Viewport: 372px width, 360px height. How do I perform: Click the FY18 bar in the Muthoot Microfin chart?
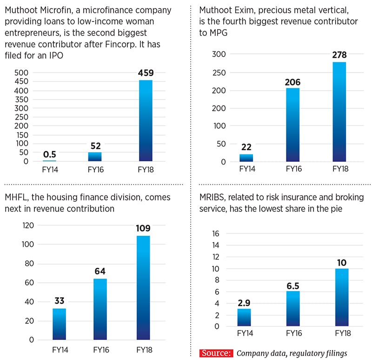(x=145, y=121)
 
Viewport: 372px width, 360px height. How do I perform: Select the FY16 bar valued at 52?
(x=95, y=157)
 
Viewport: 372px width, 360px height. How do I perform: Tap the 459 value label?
(x=145, y=73)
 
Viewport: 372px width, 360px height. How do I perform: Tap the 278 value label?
(x=339, y=55)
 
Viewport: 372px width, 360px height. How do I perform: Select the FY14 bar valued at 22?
(x=246, y=158)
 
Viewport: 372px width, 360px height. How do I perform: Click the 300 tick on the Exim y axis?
(x=219, y=54)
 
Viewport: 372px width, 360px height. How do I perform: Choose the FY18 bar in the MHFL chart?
(x=143, y=288)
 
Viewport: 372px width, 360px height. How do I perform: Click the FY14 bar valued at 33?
(x=60, y=324)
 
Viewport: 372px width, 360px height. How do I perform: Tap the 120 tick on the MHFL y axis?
(x=28, y=226)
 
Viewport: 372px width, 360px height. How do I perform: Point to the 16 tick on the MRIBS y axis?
(x=215, y=233)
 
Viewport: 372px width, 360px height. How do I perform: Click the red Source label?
(x=216, y=353)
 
